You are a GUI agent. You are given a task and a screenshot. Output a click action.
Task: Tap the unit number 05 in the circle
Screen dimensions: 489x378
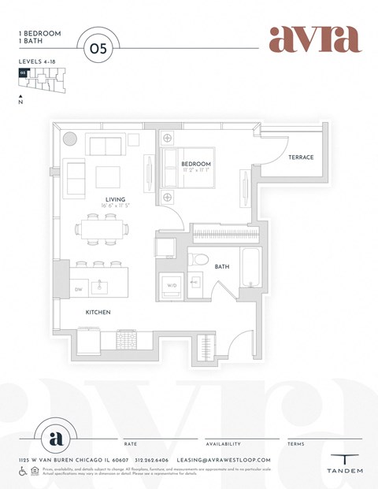coord(98,47)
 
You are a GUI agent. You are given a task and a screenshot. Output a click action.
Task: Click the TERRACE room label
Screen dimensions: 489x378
coord(300,157)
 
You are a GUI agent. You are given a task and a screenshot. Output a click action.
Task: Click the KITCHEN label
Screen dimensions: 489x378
coord(98,313)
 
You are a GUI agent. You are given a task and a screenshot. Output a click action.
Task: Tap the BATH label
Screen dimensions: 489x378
coord(222,267)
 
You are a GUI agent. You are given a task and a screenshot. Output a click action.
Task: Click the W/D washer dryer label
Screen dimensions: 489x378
coord(172,285)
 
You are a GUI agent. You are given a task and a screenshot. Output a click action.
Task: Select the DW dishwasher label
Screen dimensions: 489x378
coord(79,290)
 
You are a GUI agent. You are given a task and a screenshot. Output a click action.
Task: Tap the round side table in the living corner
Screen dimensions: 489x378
coord(70,139)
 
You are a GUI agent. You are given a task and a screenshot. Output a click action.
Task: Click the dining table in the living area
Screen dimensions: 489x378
coord(102,230)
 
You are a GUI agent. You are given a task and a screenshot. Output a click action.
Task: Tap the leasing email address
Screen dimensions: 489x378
coord(225,460)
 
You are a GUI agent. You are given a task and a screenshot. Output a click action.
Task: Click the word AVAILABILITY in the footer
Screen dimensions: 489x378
coord(224,444)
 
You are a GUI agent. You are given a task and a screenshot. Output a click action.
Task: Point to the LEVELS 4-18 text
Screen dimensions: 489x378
coord(37,61)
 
